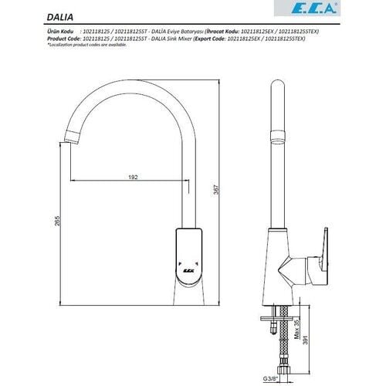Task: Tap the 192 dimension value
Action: point(133,177)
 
